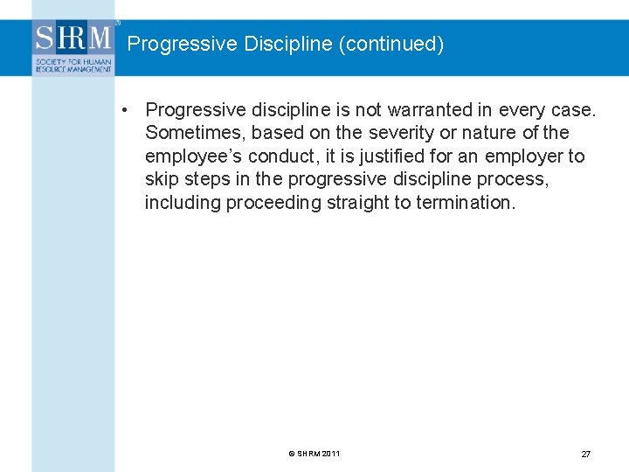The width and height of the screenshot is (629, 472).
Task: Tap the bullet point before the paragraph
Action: point(127,110)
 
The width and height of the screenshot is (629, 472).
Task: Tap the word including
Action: point(183,203)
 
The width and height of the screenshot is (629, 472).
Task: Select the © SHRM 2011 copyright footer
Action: point(314,454)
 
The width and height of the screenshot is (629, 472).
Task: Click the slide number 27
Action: point(585,455)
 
